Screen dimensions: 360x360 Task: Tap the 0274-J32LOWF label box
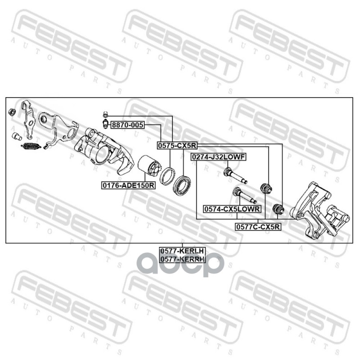[x=218, y=157]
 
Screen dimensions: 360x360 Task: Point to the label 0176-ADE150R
[x=128, y=184]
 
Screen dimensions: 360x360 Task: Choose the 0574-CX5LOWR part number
[x=232, y=209]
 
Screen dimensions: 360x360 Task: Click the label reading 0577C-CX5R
[x=258, y=227]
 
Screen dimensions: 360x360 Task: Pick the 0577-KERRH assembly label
[x=182, y=259]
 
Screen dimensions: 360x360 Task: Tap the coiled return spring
[x=31, y=145]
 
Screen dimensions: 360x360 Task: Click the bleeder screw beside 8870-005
[x=105, y=124]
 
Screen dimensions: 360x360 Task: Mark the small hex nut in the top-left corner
[x=13, y=111]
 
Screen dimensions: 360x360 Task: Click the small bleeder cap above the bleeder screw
[x=104, y=114]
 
